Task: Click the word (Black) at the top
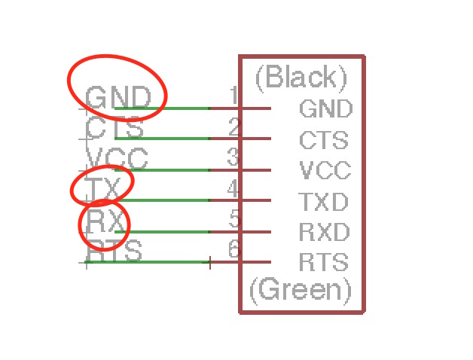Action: (301, 77)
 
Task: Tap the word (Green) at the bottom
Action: (301, 290)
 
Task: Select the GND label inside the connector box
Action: (325, 109)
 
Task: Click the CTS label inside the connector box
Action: (324, 140)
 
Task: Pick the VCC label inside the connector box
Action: (325, 171)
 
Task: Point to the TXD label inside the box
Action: (324, 202)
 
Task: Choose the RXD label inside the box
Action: (324, 232)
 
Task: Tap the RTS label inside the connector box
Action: (324, 263)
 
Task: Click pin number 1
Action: (233, 96)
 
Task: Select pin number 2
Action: (234, 127)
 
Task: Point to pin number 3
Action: (234, 157)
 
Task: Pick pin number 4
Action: (234, 188)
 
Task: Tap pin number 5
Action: (234, 219)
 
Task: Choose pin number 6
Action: (234, 249)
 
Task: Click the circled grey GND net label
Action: (117, 97)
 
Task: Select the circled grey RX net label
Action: (105, 221)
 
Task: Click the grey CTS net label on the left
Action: (114, 128)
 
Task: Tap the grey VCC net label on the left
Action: (117, 159)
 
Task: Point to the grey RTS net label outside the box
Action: (114, 251)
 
